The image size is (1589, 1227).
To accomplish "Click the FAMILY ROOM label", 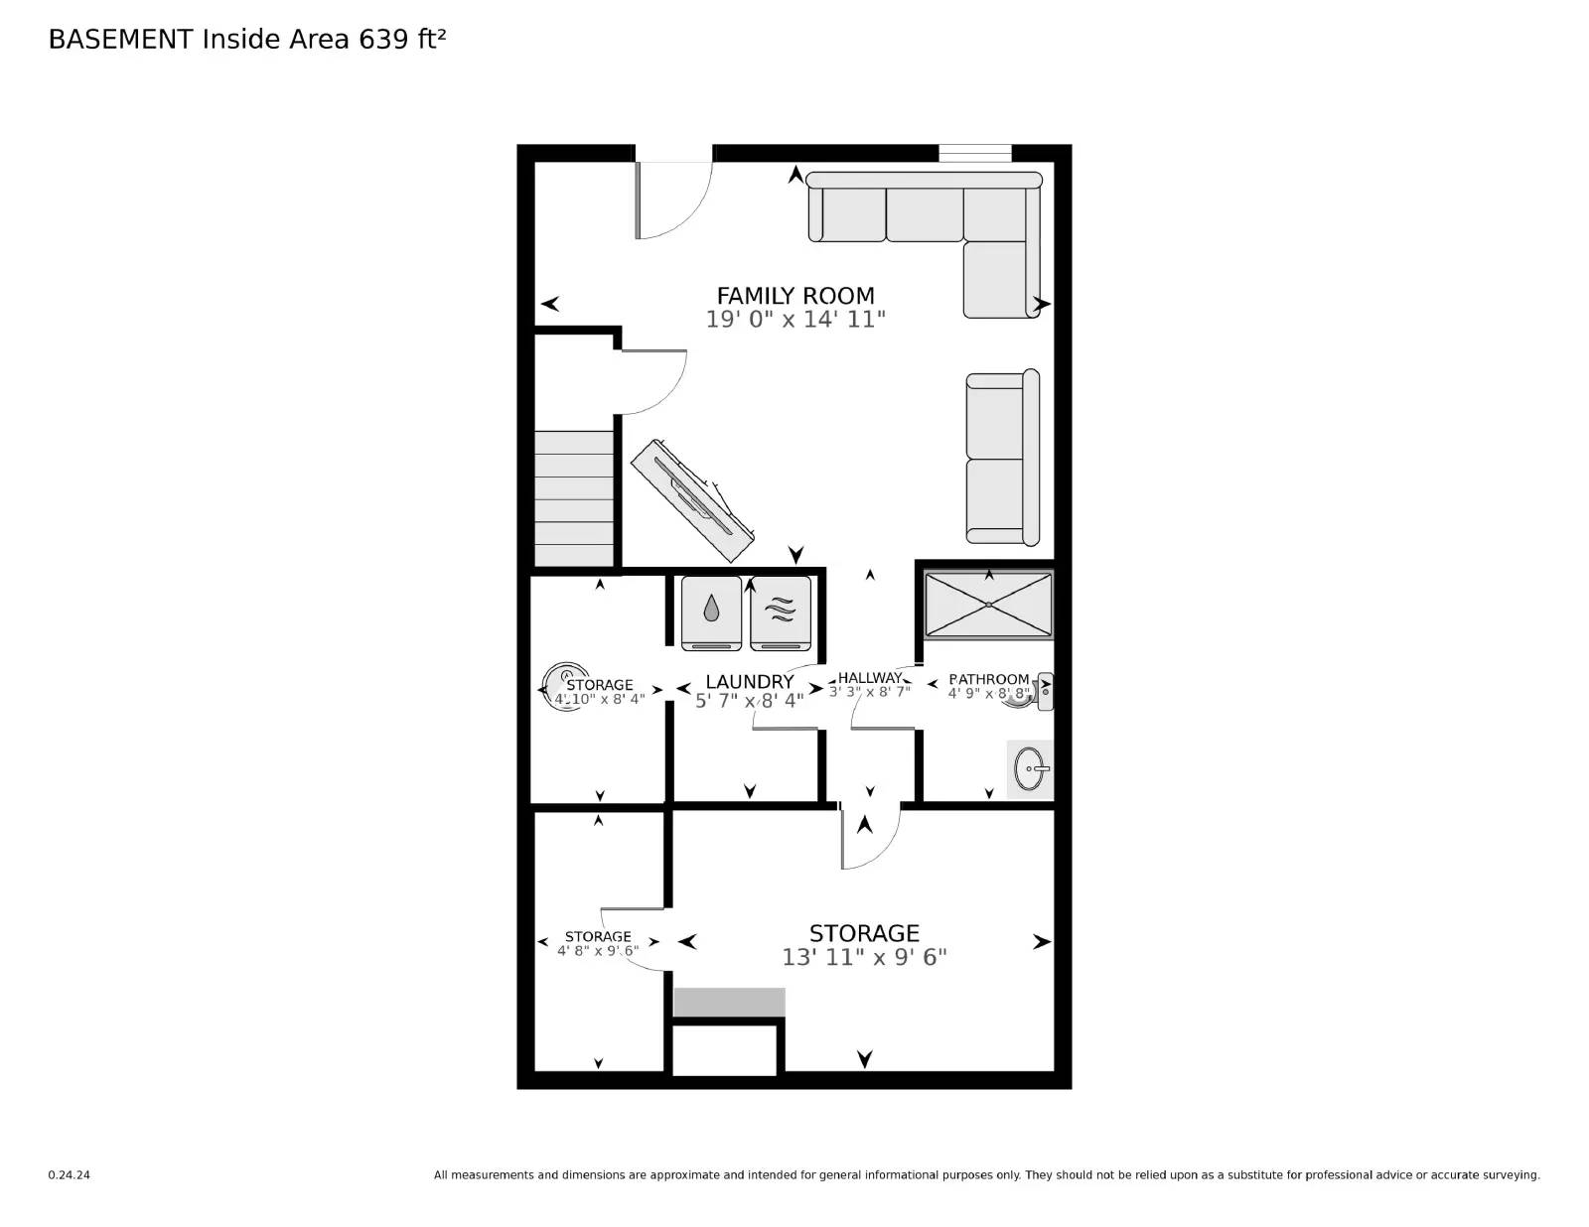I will click(x=795, y=296).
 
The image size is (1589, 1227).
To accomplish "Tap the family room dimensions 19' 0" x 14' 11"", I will click(x=795, y=320).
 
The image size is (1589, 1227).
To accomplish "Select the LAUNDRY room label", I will click(x=749, y=682).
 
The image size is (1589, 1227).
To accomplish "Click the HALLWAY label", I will click(x=870, y=678).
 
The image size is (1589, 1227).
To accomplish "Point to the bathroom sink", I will click(x=1030, y=768).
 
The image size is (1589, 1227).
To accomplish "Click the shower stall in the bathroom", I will click(x=988, y=605).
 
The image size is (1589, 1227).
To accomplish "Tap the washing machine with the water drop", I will click(x=711, y=613).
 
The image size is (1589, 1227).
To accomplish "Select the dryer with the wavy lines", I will click(x=781, y=613).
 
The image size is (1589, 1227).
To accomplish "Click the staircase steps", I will click(x=574, y=498).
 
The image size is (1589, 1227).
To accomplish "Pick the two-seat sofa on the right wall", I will click(x=1002, y=458).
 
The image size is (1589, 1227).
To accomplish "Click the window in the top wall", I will click(x=974, y=154).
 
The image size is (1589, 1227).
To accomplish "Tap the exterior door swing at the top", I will click(x=673, y=199).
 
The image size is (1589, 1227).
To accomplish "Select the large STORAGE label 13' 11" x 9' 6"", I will click(x=864, y=944).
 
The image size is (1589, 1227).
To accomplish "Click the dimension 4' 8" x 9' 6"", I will click(x=598, y=950).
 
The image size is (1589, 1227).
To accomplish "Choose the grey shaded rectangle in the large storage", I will click(x=729, y=1002).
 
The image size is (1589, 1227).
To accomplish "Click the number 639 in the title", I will click(x=384, y=39).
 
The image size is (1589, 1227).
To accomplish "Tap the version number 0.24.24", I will click(x=69, y=1175).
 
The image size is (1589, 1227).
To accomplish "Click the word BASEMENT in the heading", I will click(x=120, y=39).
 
